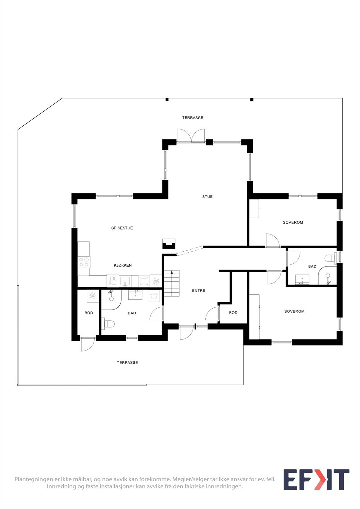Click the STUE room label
[207, 197]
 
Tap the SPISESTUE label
[122, 228]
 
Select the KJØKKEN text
[123, 265]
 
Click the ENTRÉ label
[199, 291]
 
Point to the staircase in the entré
[172, 283]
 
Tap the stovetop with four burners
[84, 262]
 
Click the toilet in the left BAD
[108, 324]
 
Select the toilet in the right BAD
[331, 257]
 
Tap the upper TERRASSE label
[193, 118]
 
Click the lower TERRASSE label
[127, 363]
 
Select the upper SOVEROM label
[293, 222]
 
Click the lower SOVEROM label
[294, 311]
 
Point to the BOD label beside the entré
[233, 313]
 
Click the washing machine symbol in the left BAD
[154, 296]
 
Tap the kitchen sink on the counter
[125, 281]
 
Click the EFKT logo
[316, 480]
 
